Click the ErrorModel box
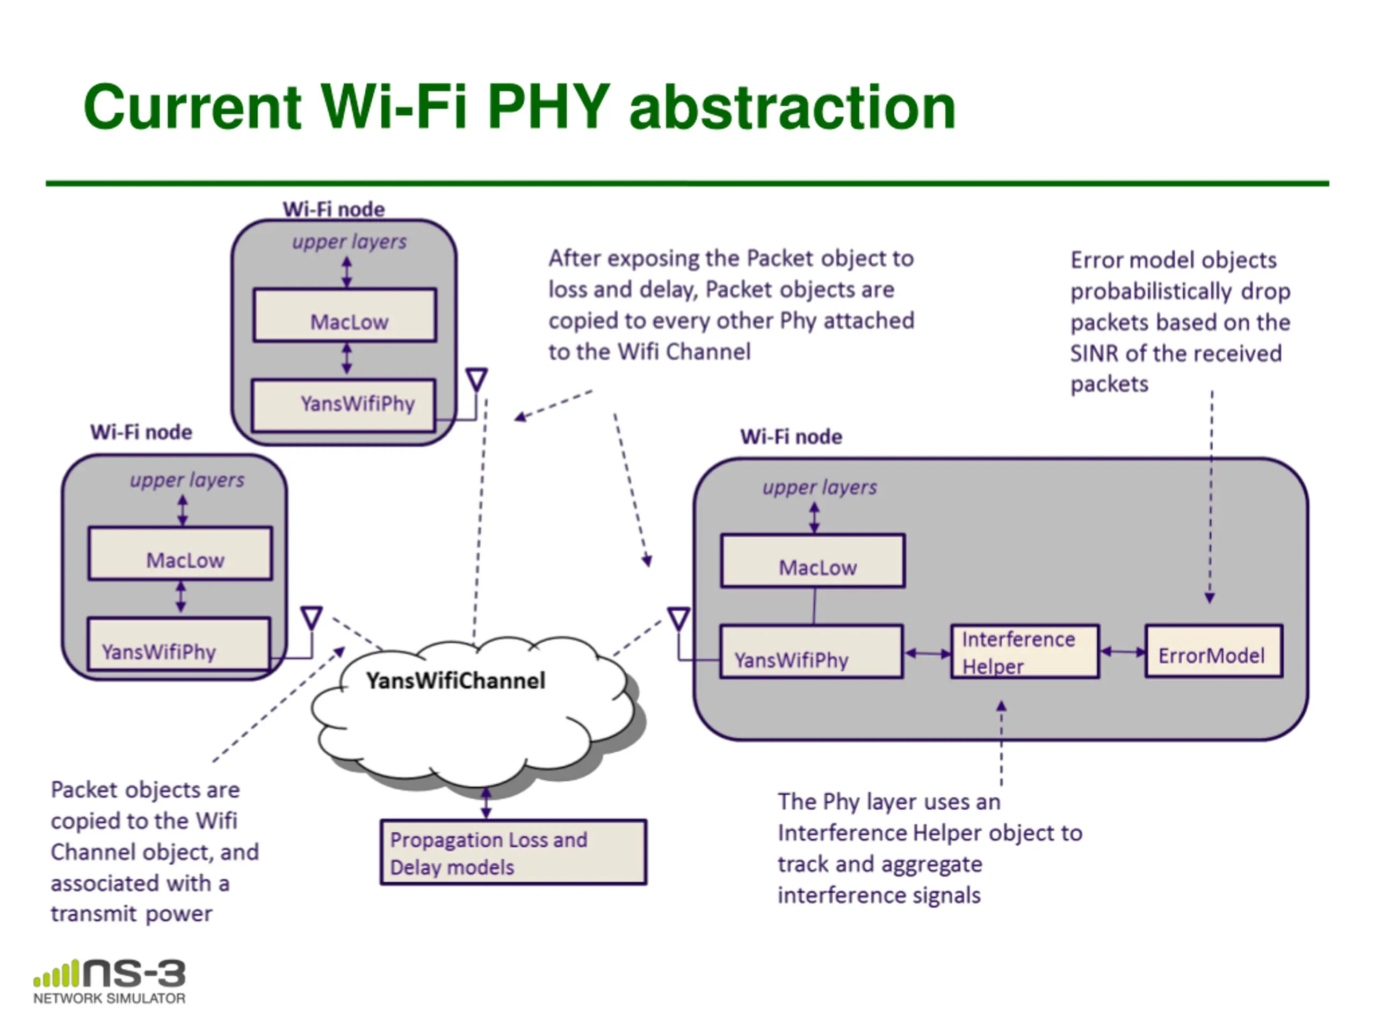click(x=1213, y=651)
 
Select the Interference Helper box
click(x=1025, y=651)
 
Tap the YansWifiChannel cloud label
click(x=455, y=680)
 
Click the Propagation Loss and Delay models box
click(x=513, y=852)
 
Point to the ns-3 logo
click(x=110, y=981)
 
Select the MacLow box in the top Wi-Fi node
click(x=345, y=315)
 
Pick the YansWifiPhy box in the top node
click(x=344, y=405)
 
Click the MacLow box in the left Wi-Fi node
click(x=180, y=553)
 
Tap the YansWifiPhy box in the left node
click(x=179, y=644)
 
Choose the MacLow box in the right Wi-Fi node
click(x=813, y=561)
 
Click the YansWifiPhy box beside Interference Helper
click(x=812, y=651)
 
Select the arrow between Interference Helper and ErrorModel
click(x=1123, y=652)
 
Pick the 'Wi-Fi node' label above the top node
click(x=334, y=209)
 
